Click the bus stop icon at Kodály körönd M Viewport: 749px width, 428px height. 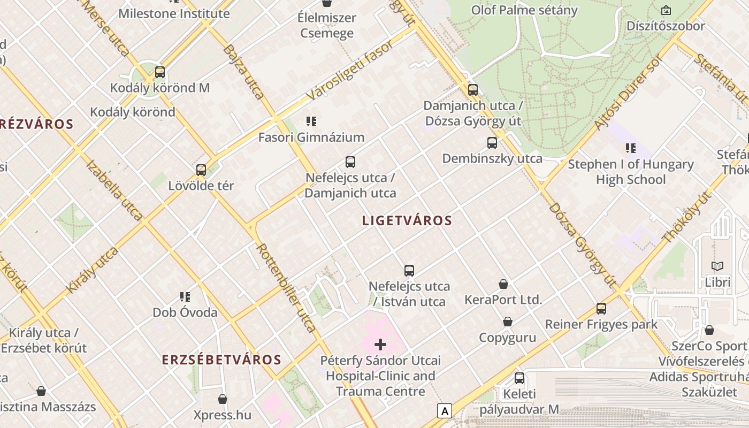159,72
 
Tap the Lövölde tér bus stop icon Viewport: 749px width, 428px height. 201,170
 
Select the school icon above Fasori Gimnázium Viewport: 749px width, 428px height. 311,121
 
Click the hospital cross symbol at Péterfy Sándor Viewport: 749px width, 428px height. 380,345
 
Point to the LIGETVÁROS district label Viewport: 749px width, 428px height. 407,220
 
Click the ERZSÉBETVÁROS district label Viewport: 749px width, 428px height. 221,360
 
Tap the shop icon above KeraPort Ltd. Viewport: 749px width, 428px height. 503,284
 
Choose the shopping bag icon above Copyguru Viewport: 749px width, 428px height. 507,322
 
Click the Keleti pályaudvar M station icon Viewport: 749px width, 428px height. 519,378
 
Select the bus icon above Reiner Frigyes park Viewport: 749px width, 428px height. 601,309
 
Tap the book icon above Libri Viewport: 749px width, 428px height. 717,266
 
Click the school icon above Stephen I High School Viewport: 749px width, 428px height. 631,148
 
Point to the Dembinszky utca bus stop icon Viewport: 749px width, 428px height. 492,143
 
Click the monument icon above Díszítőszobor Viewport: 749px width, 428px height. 666,10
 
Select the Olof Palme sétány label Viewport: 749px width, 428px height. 524,10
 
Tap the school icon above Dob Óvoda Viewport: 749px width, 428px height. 185,297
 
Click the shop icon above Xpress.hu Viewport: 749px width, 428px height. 223,399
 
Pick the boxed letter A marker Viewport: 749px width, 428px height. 445,411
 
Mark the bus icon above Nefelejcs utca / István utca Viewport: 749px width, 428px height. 409,271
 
